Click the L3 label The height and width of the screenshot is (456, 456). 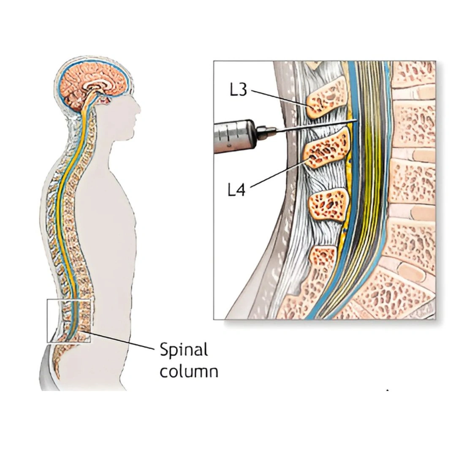(x=238, y=90)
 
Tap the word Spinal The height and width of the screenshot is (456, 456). (x=184, y=350)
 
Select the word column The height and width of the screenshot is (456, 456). (x=189, y=372)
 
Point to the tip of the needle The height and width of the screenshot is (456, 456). (x=356, y=121)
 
